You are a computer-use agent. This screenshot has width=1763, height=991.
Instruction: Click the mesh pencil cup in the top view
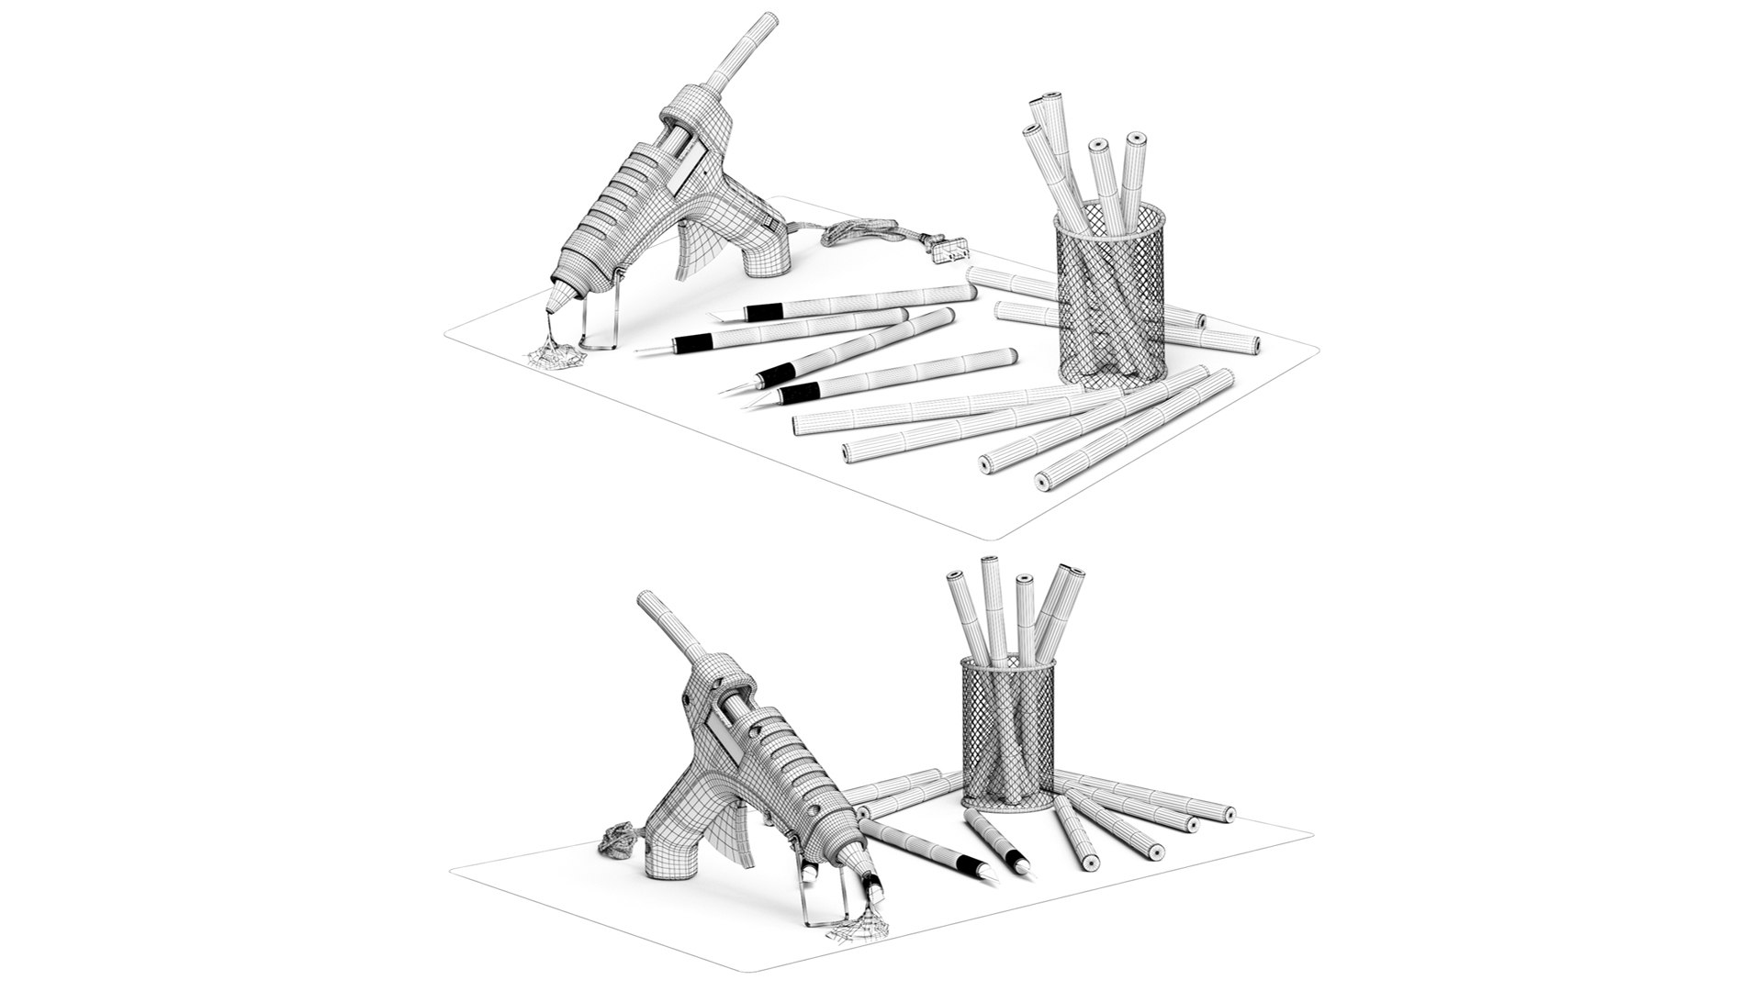(x=1111, y=303)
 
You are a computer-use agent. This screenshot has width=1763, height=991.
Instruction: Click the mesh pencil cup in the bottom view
(x=1007, y=734)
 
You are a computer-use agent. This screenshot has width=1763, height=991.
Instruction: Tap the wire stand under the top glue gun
(x=601, y=321)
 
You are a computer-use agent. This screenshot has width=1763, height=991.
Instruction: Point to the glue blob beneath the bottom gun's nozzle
(x=859, y=931)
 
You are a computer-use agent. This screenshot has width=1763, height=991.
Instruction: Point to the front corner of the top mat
(x=1001, y=535)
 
